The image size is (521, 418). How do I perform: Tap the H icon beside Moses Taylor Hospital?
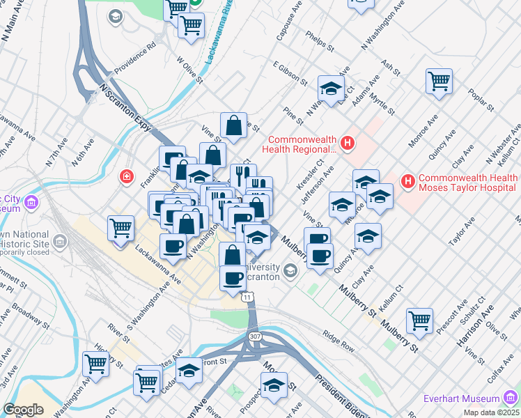[x=409, y=183]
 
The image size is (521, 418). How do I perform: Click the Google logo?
[x=22, y=410]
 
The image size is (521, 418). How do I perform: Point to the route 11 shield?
[x=249, y=297]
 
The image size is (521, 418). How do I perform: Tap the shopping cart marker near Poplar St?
[x=439, y=82]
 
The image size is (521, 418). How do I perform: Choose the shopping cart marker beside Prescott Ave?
[x=419, y=321]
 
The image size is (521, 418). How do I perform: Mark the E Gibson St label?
[x=290, y=72]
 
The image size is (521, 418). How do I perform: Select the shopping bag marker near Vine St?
[x=234, y=126]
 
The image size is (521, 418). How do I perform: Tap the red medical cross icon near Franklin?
[x=126, y=176]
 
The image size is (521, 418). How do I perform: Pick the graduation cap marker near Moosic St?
[x=274, y=385]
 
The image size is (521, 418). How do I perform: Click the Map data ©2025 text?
[x=491, y=412]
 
